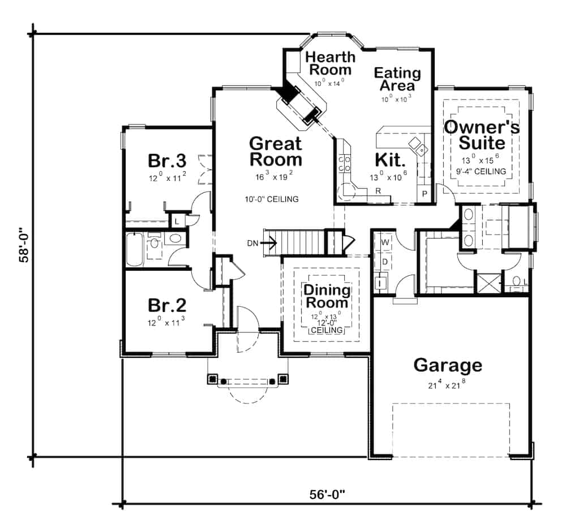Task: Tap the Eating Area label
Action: click(397, 79)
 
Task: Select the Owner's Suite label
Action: click(481, 134)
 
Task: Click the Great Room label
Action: click(276, 151)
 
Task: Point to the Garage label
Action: click(448, 365)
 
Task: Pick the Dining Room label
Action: click(327, 296)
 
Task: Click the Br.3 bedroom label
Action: click(167, 161)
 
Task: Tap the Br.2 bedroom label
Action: click(167, 305)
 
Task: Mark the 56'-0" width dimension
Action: click(327, 494)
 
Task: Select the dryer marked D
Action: click(384, 261)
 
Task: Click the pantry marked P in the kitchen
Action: click(424, 194)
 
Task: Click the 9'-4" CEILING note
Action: click(481, 171)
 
